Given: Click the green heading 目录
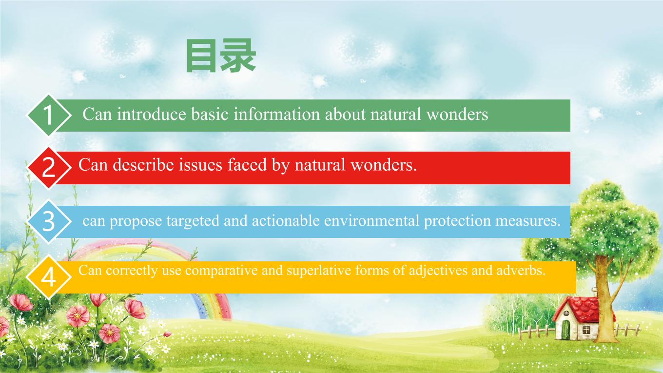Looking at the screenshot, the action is click(x=221, y=56).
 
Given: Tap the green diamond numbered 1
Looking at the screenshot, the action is click(x=49, y=115).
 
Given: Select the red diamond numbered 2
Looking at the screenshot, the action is click(x=49, y=168).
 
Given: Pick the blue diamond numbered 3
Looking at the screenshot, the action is click(x=49, y=221).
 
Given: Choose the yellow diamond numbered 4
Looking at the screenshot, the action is click(x=49, y=277).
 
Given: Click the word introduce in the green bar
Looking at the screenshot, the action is click(x=152, y=114).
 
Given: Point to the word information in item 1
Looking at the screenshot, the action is click(x=277, y=114).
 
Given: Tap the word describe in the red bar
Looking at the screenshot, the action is click(x=143, y=165).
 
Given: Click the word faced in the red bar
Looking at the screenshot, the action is click(x=247, y=165).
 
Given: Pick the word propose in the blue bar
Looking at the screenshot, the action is click(x=136, y=221).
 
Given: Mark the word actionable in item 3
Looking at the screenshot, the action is click(x=286, y=220).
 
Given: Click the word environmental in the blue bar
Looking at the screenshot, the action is click(x=371, y=220).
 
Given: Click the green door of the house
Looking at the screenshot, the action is click(x=565, y=330).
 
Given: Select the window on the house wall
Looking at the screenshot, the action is click(x=586, y=330).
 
